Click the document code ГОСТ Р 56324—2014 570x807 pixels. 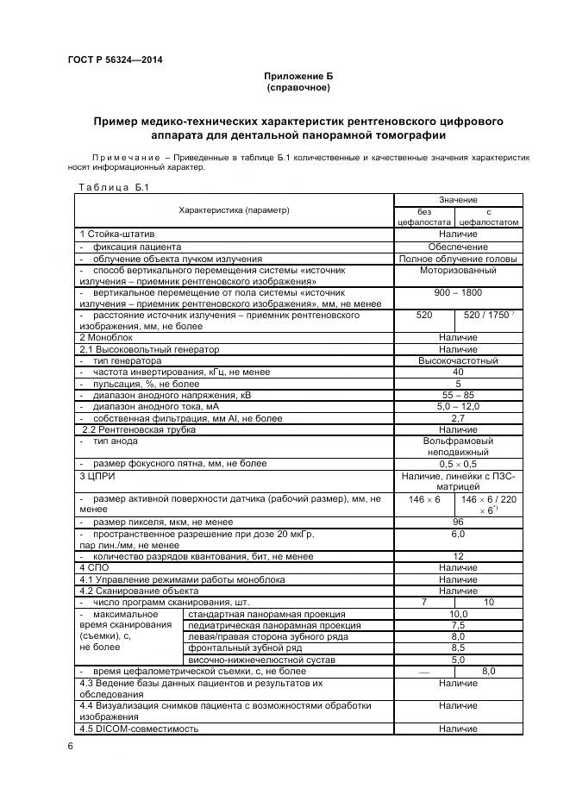115,59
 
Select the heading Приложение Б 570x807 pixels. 298,77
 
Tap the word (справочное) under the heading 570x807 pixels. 298,88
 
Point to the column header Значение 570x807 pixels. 458,199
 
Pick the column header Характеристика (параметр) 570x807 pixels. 234,210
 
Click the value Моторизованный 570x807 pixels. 458,270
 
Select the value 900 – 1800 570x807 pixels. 458,292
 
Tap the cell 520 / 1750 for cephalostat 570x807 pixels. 489,316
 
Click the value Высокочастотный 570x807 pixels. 458,360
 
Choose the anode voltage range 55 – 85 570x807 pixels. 458,394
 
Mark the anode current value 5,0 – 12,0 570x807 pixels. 458,406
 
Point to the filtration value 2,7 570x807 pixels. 458,417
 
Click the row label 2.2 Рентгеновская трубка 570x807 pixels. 139,429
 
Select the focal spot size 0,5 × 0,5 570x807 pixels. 458,463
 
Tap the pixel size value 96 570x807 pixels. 458,522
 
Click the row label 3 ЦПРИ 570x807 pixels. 97,475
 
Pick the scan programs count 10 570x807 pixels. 489,602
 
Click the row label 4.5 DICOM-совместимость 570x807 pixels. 139,729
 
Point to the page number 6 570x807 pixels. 70,746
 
